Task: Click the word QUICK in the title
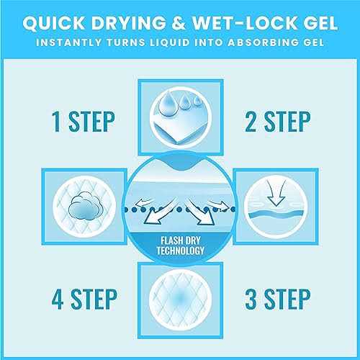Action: [x=54, y=23]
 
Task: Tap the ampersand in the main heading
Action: [x=179, y=23]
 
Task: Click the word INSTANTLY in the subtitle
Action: [x=69, y=42]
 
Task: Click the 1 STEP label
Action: [x=84, y=122]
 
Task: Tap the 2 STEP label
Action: [x=278, y=122]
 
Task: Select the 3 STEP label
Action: [x=278, y=299]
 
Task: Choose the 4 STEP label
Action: [x=84, y=299]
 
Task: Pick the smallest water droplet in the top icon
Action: [x=197, y=101]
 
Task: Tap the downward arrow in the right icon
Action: [x=276, y=194]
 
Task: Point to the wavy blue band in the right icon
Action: [x=276, y=214]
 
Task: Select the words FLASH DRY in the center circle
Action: [x=181, y=240]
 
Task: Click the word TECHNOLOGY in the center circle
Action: [x=181, y=251]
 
